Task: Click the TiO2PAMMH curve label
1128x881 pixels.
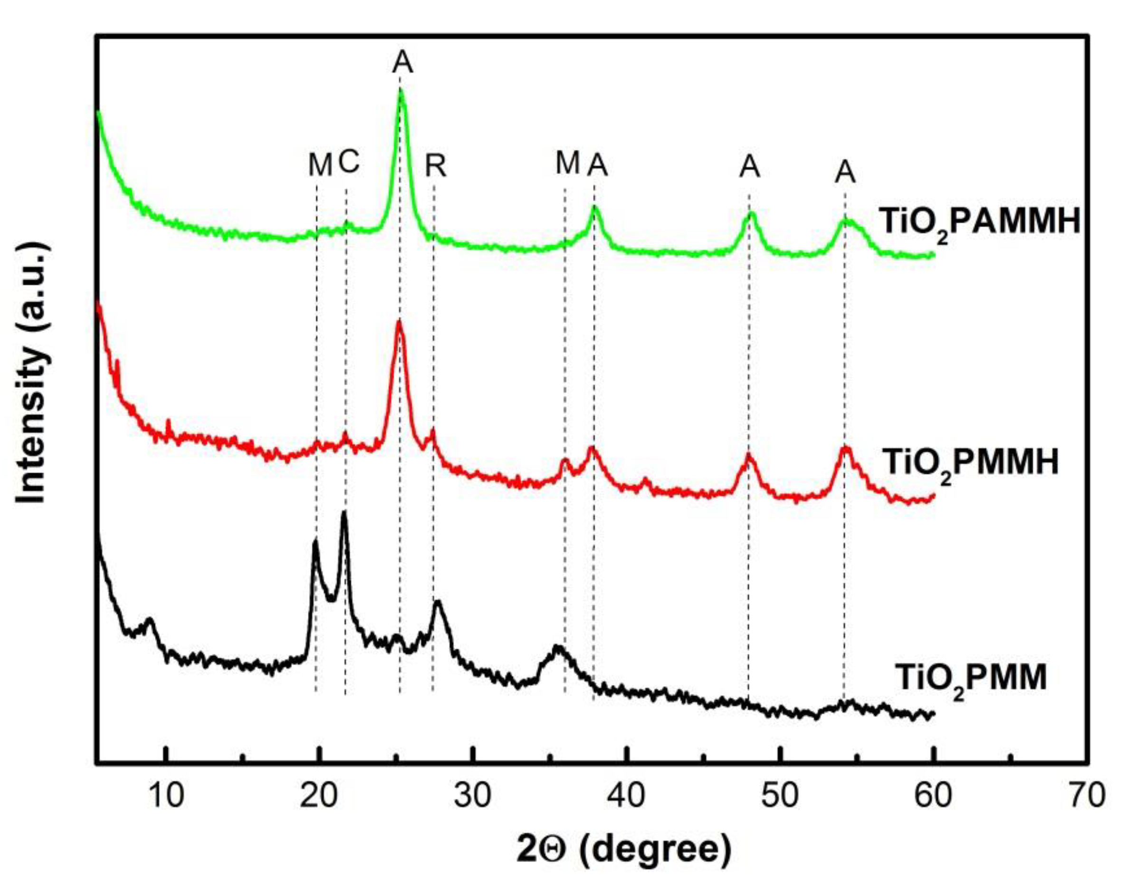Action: click(980, 223)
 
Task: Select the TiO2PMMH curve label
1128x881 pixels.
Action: click(970, 463)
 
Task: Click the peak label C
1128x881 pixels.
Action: click(349, 163)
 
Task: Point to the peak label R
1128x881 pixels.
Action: click(435, 166)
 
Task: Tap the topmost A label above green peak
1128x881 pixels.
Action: click(402, 63)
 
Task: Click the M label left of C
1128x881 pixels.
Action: click(320, 166)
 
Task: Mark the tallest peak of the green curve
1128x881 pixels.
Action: click(401, 91)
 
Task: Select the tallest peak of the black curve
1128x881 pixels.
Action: click(344, 513)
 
